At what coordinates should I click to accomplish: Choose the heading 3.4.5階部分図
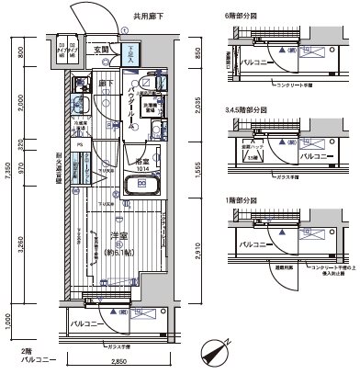tap(248, 109)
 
